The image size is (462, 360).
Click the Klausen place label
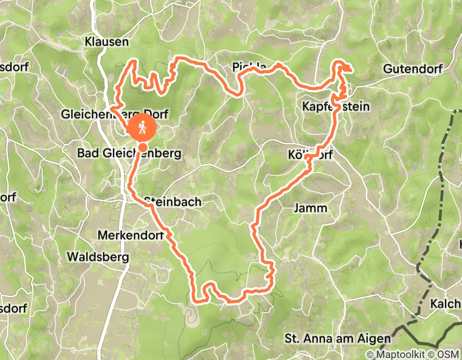click(107, 42)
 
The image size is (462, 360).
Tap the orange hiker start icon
click(143, 127)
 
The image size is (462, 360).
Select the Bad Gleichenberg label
click(129, 153)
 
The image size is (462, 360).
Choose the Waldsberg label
click(98, 256)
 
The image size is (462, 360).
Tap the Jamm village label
click(310, 208)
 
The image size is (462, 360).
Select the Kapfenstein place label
click(336, 106)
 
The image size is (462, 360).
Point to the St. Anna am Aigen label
click(337, 339)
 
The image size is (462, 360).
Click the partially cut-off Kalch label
click(446, 303)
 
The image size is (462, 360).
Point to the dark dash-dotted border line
click(441, 185)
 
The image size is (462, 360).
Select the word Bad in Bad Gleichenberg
click(86, 153)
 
